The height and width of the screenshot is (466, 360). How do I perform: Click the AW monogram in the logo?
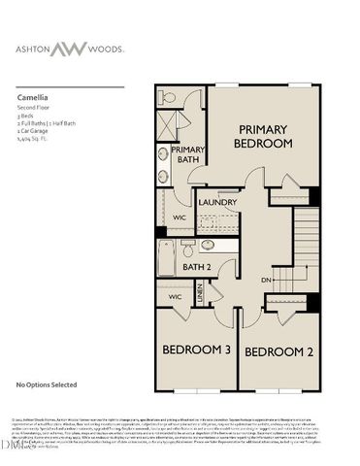coord(180,48)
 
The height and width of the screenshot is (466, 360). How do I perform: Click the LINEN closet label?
coord(200,293)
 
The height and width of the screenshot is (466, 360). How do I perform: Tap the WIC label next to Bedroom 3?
coord(175,296)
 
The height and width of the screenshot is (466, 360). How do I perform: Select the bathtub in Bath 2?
coord(167,257)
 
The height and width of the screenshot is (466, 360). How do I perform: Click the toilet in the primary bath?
coord(166,98)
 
